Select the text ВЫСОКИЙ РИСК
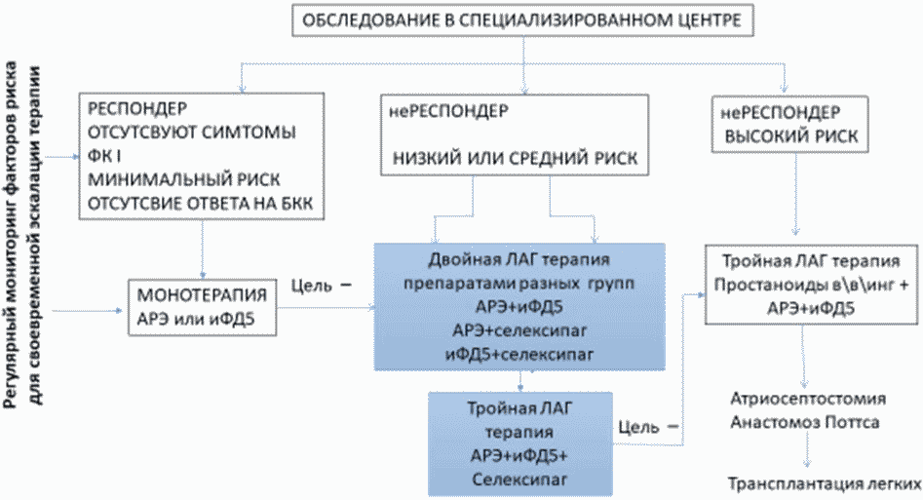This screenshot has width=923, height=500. point(790,137)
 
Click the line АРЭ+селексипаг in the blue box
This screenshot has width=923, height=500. point(519,328)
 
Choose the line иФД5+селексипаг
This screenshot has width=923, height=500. point(519,351)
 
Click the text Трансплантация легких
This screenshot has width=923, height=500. point(824,483)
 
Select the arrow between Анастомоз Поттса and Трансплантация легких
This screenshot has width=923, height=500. point(806,452)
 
